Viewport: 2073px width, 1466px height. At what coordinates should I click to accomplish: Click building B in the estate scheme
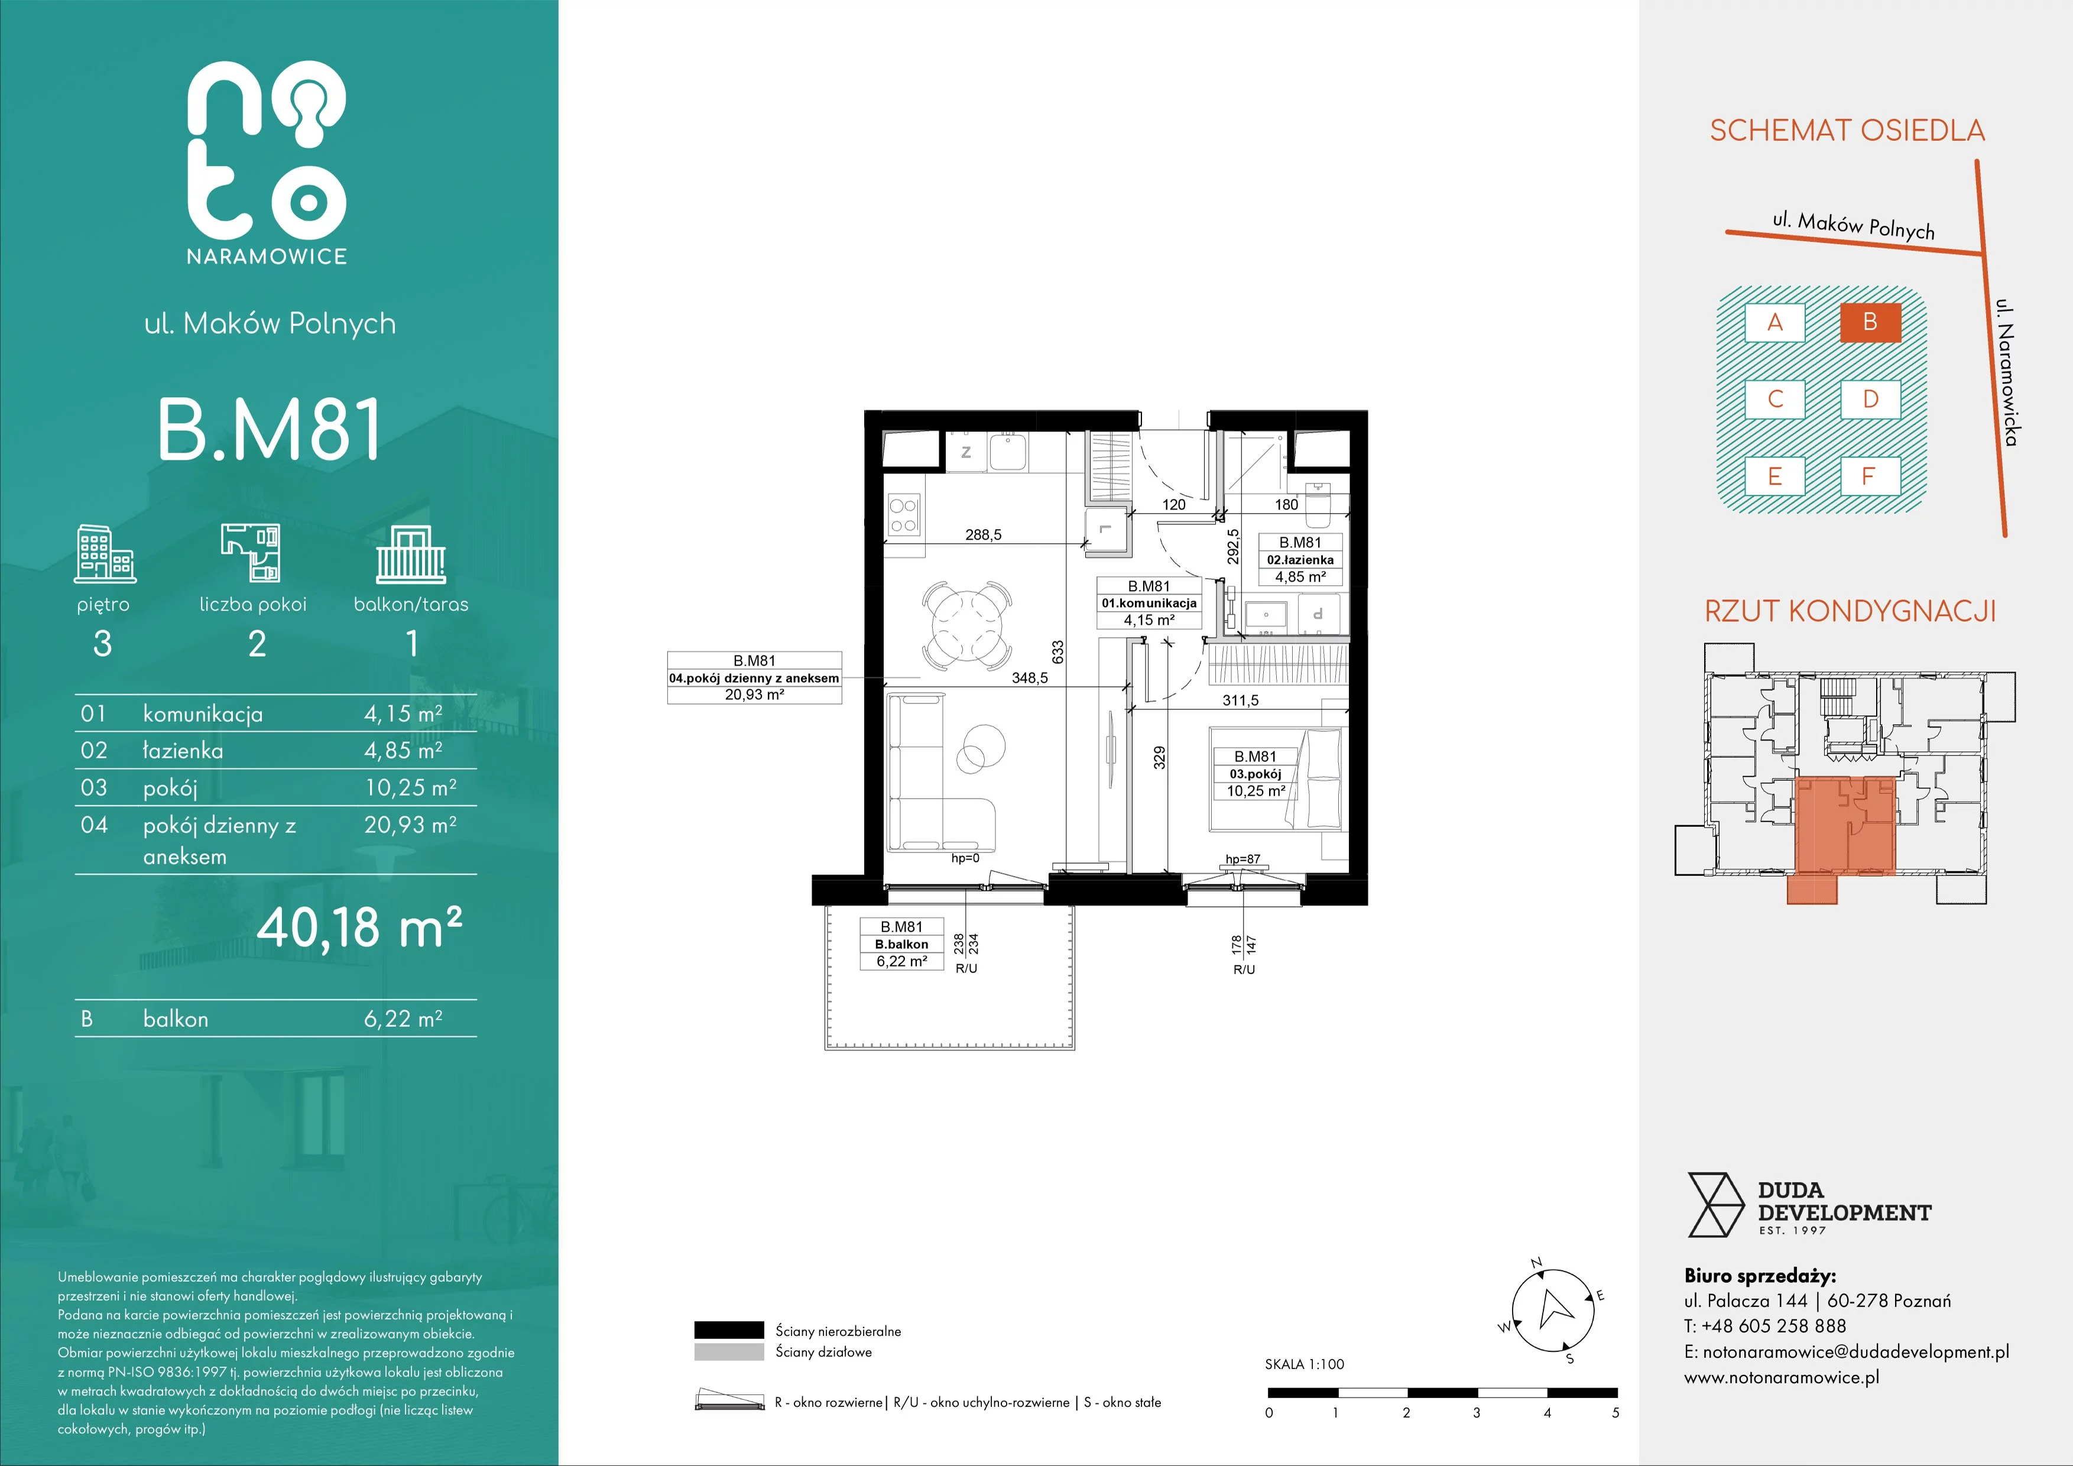pyautogui.click(x=1870, y=322)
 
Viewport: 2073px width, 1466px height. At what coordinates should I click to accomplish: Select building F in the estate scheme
pyautogui.click(x=1870, y=476)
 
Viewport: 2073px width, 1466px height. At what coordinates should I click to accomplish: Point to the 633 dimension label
pyautogui.click(x=1058, y=652)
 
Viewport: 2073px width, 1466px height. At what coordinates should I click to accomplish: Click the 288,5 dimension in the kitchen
pyautogui.click(x=983, y=534)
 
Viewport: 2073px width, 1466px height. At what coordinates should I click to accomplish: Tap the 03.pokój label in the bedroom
pyautogui.click(x=1255, y=774)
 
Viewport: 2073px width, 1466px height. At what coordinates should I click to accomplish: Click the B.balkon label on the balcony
pyautogui.click(x=901, y=944)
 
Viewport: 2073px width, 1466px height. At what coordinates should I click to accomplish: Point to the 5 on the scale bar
pyautogui.click(x=1615, y=1413)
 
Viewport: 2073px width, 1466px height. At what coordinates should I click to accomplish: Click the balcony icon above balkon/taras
pyautogui.click(x=411, y=554)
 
